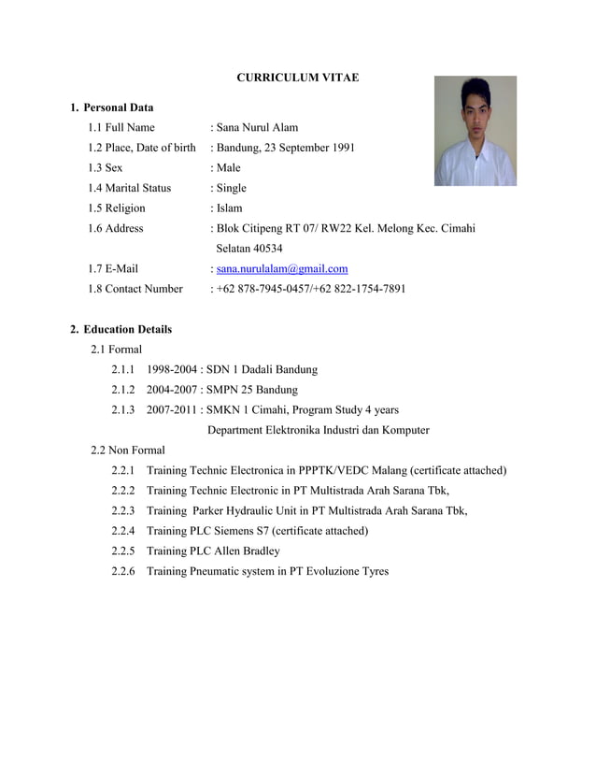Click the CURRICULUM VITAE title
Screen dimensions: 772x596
click(x=297, y=78)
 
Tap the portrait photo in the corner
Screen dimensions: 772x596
click(x=475, y=131)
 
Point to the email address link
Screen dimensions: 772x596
click(x=282, y=268)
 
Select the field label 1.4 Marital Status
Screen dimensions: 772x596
click(x=130, y=188)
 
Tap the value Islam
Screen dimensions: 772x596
click(x=229, y=208)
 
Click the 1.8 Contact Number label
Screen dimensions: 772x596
click(x=135, y=289)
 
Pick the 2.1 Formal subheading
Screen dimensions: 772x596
click(x=117, y=350)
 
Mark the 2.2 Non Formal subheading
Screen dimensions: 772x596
click(x=128, y=450)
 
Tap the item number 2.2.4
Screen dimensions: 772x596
click(x=123, y=531)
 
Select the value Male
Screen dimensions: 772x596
click(x=228, y=168)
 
